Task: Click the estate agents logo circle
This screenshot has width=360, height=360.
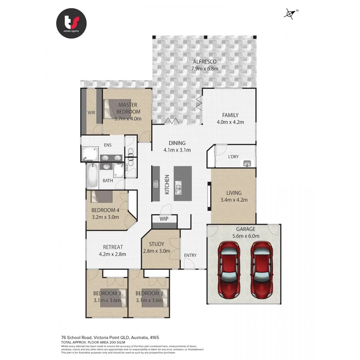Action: pyautogui.click(x=71, y=23)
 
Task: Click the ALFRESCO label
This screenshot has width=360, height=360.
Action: pyautogui.click(x=205, y=62)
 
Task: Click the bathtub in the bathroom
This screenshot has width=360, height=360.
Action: pyautogui.click(x=92, y=176)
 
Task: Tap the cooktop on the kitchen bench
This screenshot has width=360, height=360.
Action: pyautogui.click(x=156, y=184)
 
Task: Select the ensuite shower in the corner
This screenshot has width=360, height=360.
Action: pyautogui.click(x=90, y=154)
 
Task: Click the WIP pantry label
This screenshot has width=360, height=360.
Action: pyautogui.click(x=164, y=219)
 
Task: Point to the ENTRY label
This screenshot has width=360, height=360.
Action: pyautogui.click(x=190, y=255)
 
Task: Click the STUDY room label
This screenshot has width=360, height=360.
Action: pyautogui.click(x=156, y=244)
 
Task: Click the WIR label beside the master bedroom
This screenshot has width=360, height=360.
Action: pyautogui.click(x=92, y=112)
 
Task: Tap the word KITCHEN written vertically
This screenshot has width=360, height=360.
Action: pyautogui.click(x=167, y=184)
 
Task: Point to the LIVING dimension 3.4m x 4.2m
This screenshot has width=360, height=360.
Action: pyautogui.click(x=234, y=200)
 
